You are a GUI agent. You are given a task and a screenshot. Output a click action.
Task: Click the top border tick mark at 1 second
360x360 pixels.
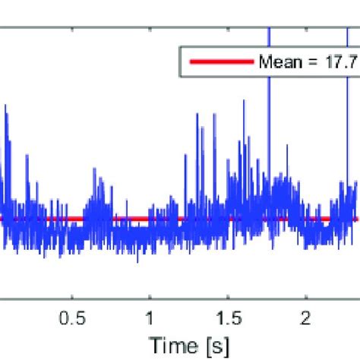tap(150, 31)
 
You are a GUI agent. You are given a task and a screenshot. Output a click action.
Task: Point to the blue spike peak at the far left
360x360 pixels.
tap(6, 106)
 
